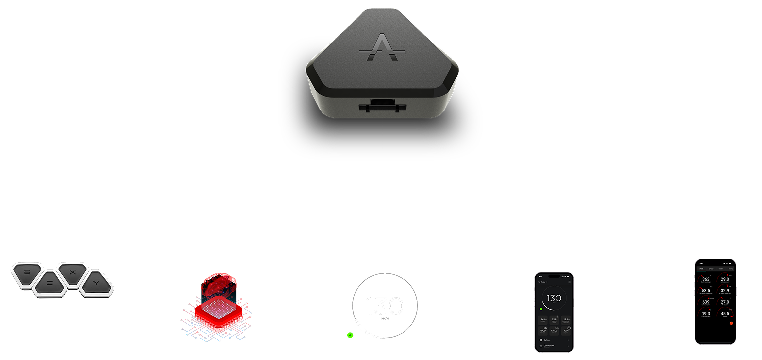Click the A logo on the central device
point(382,48)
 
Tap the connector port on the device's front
point(382,106)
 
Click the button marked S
point(27,272)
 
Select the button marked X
point(73,272)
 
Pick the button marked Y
point(96,283)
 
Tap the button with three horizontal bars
point(50,283)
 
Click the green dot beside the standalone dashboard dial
point(350,335)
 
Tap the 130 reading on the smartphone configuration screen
point(554,298)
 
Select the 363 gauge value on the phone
point(706,279)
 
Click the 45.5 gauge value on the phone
point(725,314)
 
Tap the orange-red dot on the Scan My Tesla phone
point(731,323)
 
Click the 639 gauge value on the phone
point(706,302)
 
